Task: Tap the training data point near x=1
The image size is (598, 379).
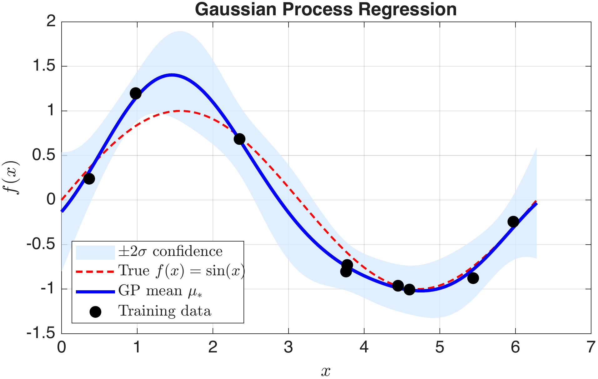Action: point(135,93)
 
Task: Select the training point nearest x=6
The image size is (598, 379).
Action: point(513,222)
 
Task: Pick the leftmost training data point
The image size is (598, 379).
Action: point(89,179)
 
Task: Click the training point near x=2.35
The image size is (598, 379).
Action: point(239,139)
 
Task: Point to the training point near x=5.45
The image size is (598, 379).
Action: point(473,278)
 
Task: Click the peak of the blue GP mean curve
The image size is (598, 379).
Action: point(171,75)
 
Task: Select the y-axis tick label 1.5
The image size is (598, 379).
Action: point(44,67)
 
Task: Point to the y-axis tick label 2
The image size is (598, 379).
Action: point(51,22)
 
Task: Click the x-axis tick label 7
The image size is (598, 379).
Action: point(590,347)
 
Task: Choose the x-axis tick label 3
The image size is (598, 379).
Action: point(288,347)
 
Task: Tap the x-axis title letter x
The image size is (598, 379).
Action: point(326,371)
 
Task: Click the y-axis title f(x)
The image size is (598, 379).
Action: point(13,178)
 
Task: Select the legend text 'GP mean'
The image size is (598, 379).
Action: point(150,291)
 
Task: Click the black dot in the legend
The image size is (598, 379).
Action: point(95,312)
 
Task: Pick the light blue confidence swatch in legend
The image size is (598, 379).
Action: point(95,252)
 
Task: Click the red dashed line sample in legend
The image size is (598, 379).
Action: point(95,272)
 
